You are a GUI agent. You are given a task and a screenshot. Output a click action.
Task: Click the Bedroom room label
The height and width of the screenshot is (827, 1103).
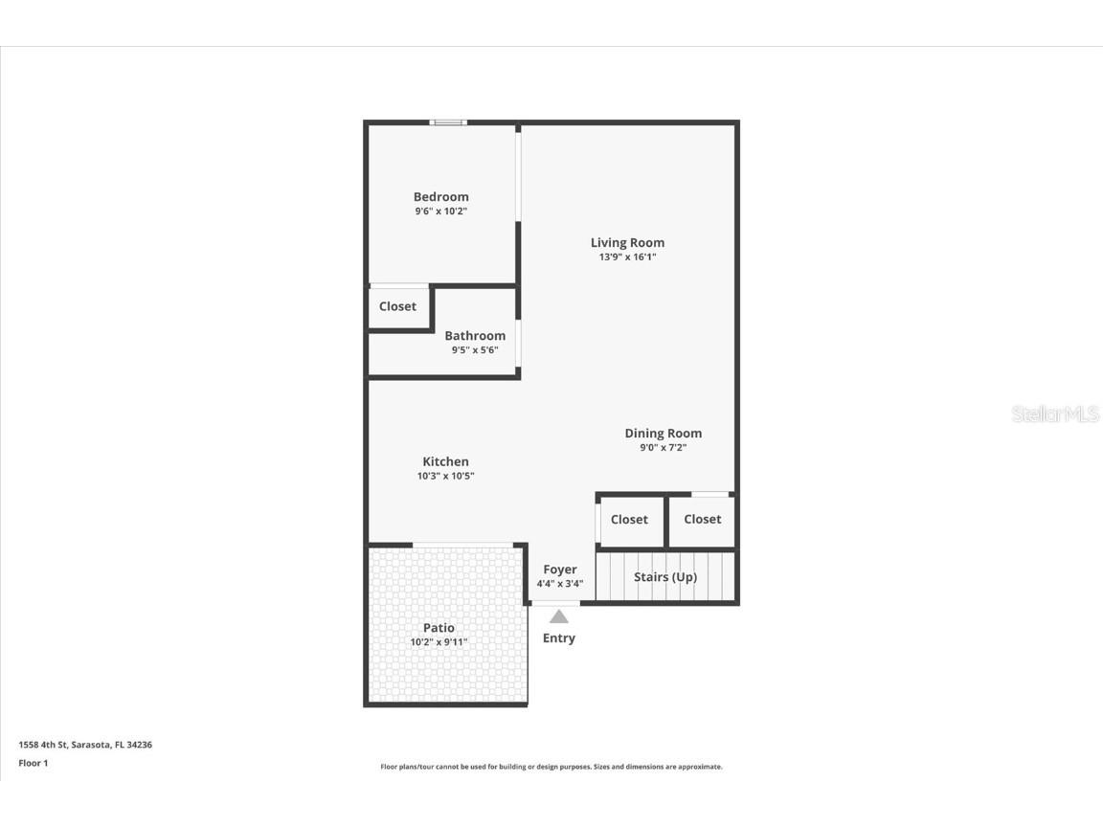click(441, 197)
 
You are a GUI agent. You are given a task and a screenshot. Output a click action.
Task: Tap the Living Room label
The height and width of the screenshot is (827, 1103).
click(627, 243)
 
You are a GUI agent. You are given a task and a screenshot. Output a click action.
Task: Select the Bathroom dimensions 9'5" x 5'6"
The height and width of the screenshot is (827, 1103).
click(475, 350)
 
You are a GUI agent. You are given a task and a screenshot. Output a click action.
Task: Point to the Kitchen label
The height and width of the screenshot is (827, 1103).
click(446, 461)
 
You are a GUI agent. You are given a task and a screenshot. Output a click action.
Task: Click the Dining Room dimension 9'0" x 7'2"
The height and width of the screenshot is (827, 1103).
click(664, 447)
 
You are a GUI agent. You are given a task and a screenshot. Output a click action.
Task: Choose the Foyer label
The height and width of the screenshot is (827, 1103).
click(560, 570)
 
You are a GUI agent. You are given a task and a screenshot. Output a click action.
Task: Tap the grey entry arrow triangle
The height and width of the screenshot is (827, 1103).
click(559, 617)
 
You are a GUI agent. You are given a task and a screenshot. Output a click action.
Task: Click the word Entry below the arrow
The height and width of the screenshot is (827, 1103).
click(559, 638)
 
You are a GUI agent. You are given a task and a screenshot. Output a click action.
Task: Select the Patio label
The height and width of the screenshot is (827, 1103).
click(439, 628)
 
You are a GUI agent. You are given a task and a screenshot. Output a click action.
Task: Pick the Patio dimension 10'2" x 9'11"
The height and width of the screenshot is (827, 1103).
click(439, 642)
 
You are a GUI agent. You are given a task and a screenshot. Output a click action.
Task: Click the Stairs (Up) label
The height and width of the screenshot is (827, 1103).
click(665, 577)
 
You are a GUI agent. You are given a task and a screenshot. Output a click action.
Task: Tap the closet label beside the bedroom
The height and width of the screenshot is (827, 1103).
click(397, 306)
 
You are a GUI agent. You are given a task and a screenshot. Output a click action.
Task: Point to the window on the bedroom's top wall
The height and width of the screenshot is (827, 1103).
click(447, 123)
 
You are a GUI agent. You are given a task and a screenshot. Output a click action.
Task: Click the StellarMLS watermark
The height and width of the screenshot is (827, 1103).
click(1056, 414)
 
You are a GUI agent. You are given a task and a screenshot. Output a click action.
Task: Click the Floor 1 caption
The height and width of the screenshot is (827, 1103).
click(33, 763)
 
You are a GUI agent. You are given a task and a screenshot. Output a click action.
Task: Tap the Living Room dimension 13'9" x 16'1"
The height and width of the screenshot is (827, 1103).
click(627, 257)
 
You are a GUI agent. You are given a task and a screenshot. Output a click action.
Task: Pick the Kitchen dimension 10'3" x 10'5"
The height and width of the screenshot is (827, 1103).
click(446, 476)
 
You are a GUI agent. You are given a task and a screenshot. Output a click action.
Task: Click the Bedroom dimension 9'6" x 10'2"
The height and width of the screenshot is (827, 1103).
click(441, 212)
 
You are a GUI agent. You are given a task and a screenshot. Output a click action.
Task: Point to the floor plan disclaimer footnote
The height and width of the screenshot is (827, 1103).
click(551, 767)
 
